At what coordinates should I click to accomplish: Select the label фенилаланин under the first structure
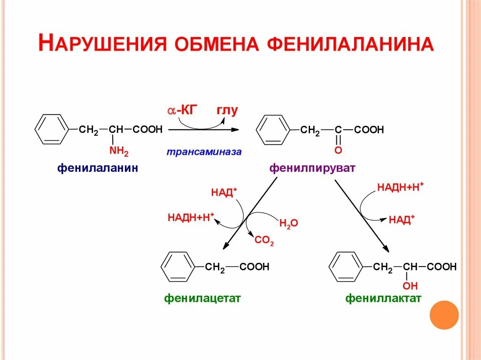pyautogui.click(x=98, y=168)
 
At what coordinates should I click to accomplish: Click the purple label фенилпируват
pyautogui.click(x=312, y=168)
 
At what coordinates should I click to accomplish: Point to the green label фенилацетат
pyautogui.click(x=202, y=298)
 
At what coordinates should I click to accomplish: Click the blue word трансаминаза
pyautogui.click(x=204, y=152)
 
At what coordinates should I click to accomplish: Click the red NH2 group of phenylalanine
pyautogui.click(x=118, y=151)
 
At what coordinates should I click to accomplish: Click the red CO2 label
pyautogui.click(x=264, y=241)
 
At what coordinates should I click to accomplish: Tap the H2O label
pyautogui.click(x=288, y=223)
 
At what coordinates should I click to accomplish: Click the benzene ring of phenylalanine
pyautogui.click(x=52, y=129)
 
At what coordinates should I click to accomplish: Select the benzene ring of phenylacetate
pyautogui.click(x=178, y=267)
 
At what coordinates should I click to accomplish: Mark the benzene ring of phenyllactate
pyautogui.click(x=346, y=267)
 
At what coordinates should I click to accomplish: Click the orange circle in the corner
pyautogui.click(x=444, y=315)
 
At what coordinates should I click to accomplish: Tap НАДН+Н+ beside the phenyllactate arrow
pyautogui.click(x=400, y=187)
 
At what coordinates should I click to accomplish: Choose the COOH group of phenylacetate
pyautogui.click(x=254, y=267)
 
